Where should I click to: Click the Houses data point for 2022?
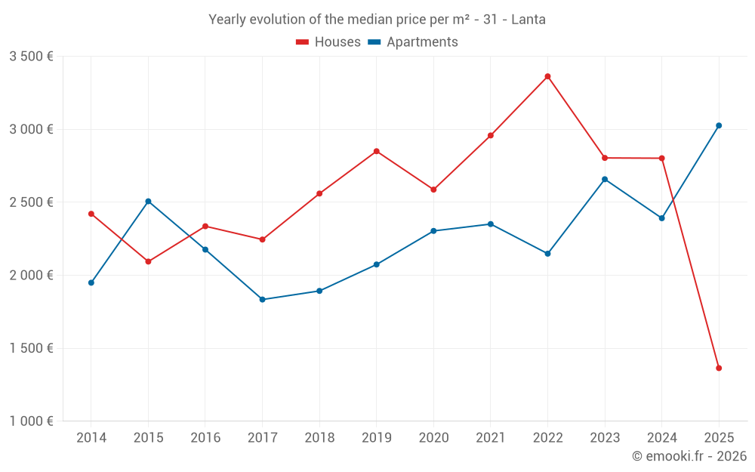coord(547,76)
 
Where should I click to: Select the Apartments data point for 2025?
coord(719,125)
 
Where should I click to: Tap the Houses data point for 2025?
coord(719,368)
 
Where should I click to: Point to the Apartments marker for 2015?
coord(148,201)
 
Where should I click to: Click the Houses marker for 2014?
coord(91,214)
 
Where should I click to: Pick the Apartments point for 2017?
coord(262,300)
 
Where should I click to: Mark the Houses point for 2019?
coord(376,151)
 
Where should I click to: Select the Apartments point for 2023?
coord(605,179)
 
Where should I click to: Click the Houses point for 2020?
coord(433,190)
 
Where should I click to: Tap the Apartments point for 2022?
coord(547,254)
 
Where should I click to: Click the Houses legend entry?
coord(328,42)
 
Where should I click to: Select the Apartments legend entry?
coord(413,42)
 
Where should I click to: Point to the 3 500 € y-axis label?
coord(31,57)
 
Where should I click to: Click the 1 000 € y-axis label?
coord(31,421)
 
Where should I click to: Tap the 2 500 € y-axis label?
coord(31,202)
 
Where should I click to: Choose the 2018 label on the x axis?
coord(319,437)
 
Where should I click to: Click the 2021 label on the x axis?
coord(490,437)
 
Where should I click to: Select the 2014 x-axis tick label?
coord(91,437)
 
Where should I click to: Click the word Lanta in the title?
coord(528,20)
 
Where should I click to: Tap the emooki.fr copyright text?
coord(689,456)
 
